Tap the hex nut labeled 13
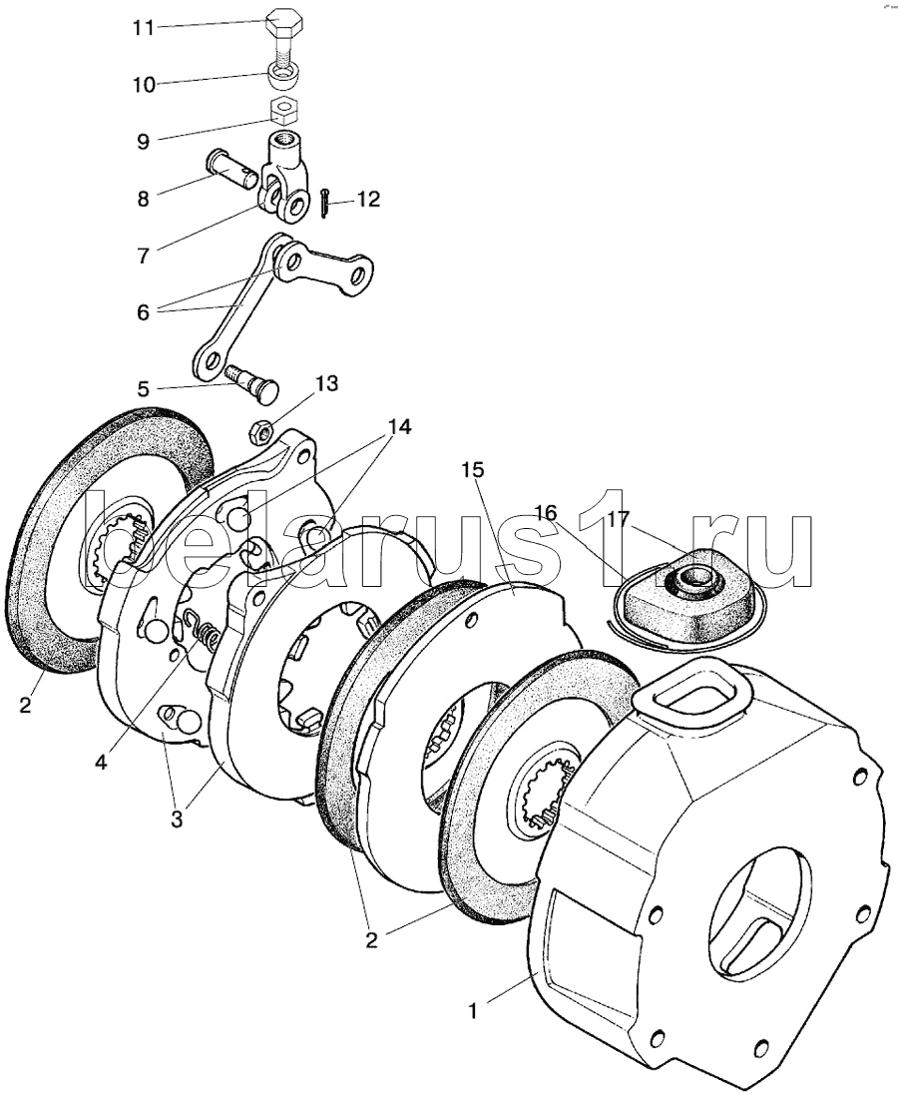pyautogui.click(x=257, y=431)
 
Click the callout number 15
pyautogui.click(x=472, y=469)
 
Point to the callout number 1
pyautogui.click(x=475, y=1010)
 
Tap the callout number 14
pyautogui.click(x=398, y=427)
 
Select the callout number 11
pyautogui.click(x=144, y=27)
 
